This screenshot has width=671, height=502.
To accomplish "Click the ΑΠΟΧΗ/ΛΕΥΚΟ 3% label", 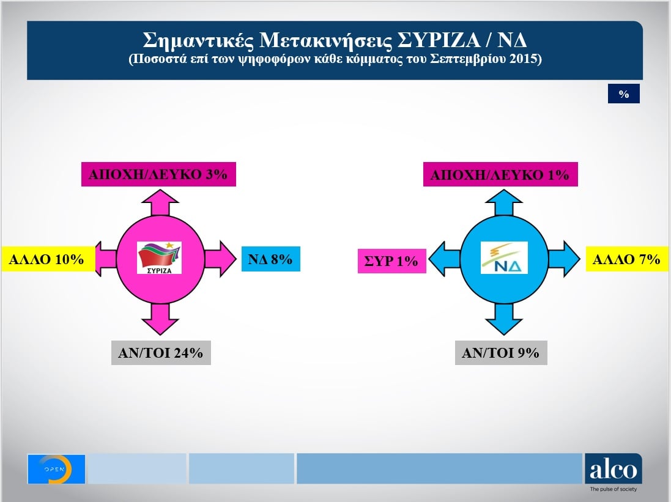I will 158,174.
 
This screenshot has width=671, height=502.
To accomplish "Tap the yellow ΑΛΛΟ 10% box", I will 46,259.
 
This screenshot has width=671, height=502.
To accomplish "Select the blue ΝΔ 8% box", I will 270,259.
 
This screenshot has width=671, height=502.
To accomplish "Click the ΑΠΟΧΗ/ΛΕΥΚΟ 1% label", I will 500,175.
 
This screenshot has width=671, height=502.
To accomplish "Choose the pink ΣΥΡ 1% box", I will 391,261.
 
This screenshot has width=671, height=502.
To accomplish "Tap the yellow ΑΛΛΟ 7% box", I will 626,259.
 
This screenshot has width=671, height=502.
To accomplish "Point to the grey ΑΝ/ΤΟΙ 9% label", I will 500,353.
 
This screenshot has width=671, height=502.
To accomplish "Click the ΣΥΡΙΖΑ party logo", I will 159,258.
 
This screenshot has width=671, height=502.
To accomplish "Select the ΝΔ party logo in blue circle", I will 503,258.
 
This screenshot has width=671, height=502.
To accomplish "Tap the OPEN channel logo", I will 56,469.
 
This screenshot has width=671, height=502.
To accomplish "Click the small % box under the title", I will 623,94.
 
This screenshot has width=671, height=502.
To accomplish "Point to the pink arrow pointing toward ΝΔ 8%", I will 220,259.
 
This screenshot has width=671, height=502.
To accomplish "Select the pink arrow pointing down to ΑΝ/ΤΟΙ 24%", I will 158,319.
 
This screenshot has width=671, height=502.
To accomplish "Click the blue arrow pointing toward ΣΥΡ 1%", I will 443,259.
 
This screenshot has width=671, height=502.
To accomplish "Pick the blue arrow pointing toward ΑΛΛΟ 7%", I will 563,259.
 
